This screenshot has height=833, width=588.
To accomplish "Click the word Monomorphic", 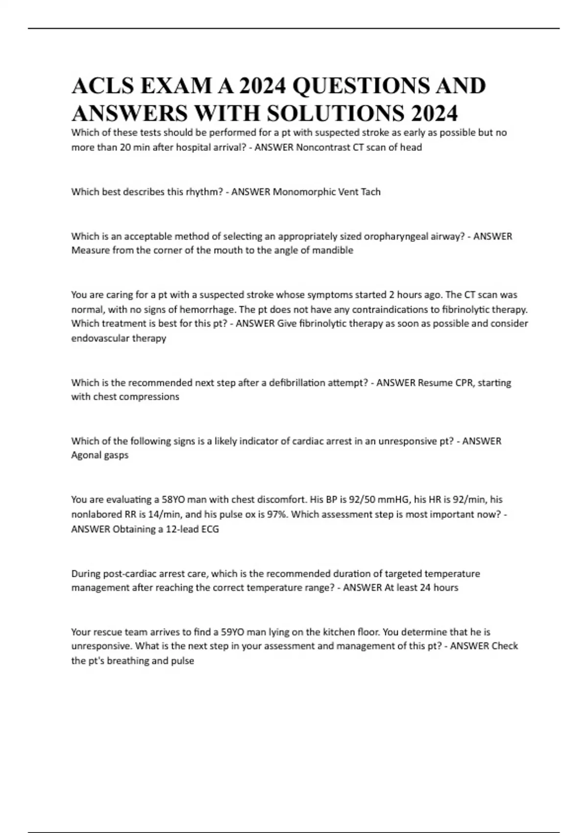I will (x=303, y=192).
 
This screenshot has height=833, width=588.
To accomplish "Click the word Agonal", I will (x=85, y=455).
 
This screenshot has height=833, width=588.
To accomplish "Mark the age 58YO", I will (x=173, y=500).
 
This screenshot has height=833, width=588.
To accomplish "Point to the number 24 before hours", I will (x=424, y=588).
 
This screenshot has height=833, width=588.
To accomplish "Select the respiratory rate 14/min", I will (x=147, y=514).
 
